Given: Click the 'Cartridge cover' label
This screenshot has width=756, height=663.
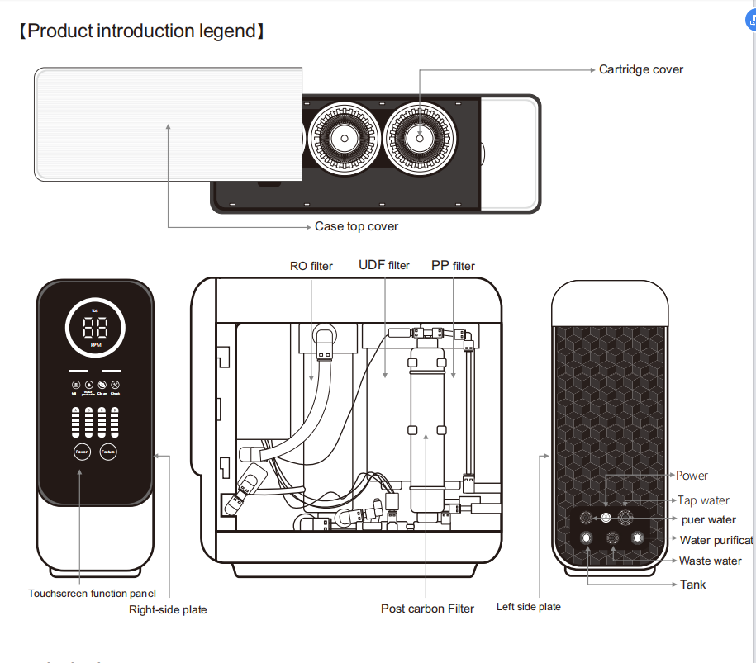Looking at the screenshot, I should (641, 69).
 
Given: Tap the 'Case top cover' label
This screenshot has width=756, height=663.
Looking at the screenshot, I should (356, 226).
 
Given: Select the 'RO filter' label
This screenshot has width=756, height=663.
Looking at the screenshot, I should (311, 266).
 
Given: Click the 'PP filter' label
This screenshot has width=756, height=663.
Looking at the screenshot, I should (453, 266).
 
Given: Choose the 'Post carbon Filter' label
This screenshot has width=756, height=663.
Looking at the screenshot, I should (427, 609).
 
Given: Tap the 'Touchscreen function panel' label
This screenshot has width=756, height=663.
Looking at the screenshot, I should (92, 593).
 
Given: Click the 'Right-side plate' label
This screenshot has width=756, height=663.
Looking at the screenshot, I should (168, 609).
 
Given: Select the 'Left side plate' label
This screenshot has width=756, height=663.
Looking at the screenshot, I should (528, 607).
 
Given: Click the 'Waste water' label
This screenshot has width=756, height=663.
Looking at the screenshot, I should (710, 561).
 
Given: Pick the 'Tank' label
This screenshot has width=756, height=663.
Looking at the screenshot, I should (692, 585).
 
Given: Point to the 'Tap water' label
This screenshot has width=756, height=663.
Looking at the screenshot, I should (703, 500).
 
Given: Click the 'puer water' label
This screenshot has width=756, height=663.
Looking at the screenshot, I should (708, 520).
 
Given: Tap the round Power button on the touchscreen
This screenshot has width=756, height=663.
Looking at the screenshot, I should (81, 452).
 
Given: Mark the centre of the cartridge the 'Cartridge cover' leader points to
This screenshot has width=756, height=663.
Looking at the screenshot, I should (420, 138).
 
